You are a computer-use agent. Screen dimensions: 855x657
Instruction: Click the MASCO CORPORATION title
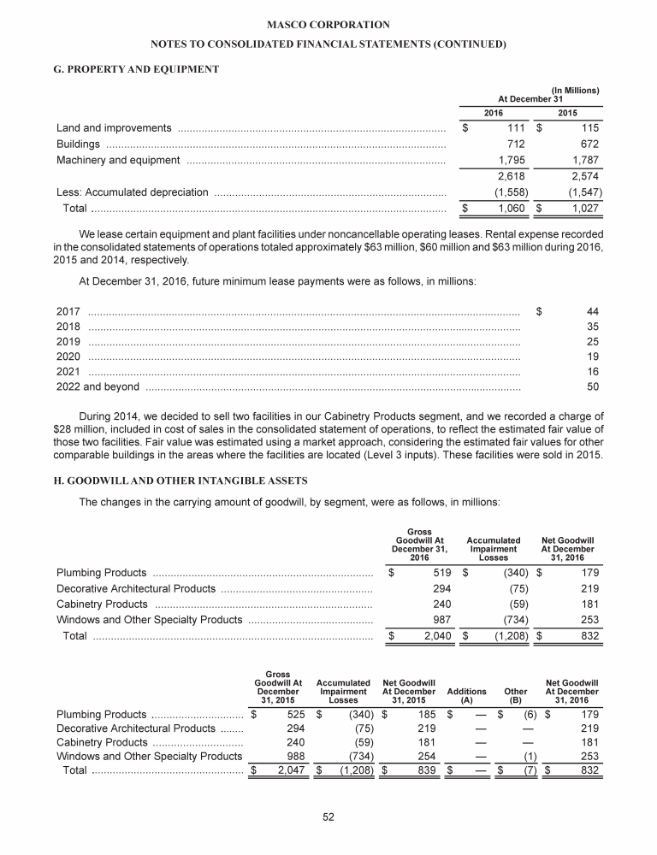click(x=328, y=25)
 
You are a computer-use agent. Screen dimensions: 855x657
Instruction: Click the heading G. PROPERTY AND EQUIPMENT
click(x=137, y=68)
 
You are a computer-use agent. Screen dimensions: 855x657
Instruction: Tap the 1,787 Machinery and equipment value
click(x=583, y=160)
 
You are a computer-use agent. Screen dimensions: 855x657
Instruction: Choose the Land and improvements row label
click(x=113, y=128)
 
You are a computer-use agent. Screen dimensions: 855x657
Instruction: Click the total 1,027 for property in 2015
click(x=582, y=209)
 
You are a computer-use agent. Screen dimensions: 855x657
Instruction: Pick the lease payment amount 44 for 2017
click(x=592, y=310)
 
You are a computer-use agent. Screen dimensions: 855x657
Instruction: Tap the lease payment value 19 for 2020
click(x=592, y=357)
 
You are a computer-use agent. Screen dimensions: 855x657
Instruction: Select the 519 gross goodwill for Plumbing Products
click(x=429, y=572)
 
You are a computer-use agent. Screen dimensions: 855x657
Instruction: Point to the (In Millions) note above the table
click(x=574, y=90)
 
